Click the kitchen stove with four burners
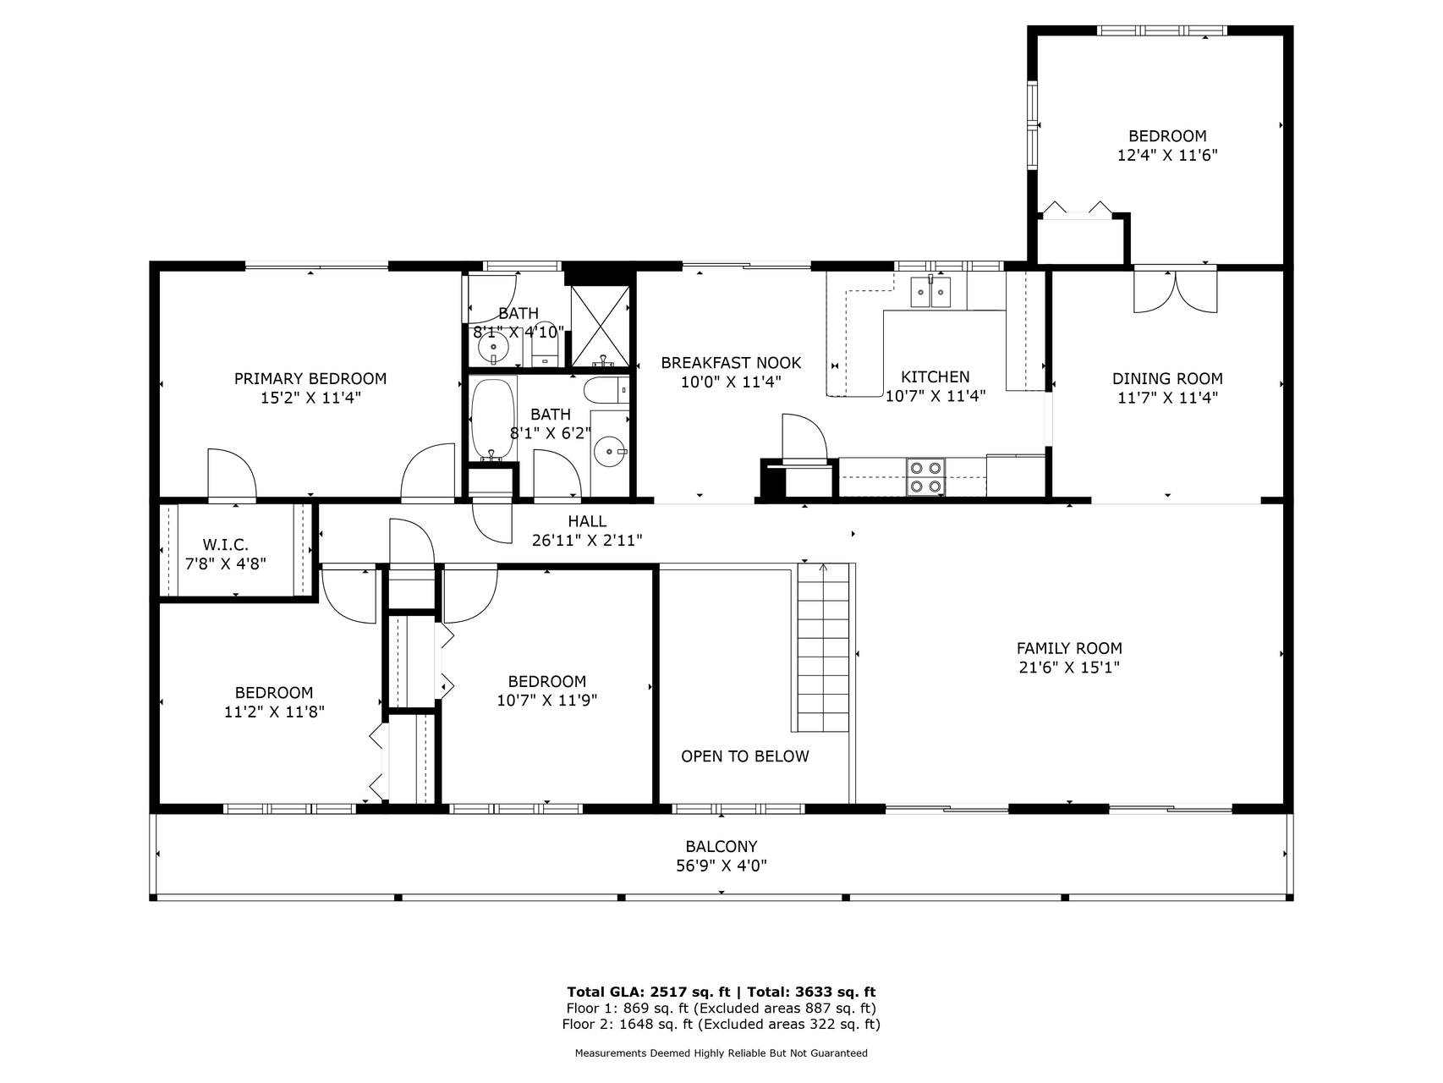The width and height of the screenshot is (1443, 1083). [926, 477]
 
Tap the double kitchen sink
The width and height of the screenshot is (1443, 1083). [930, 292]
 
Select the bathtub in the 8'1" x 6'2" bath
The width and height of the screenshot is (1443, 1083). [492, 419]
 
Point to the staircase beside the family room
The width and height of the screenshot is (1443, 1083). [823, 647]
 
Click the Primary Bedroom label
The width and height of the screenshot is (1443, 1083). [310, 378]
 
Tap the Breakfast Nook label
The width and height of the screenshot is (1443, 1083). [731, 363]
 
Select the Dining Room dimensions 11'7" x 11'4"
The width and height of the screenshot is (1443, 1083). [1167, 398]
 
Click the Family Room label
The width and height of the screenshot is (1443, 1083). [1069, 648]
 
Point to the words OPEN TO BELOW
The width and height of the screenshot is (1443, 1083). [745, 756]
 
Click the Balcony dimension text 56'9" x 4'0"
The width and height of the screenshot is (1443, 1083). [721, 866]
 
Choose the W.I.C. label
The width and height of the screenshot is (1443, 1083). [226, 545]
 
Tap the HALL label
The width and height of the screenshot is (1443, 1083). [587, 521]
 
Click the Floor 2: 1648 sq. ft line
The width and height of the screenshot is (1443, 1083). [721, 1024]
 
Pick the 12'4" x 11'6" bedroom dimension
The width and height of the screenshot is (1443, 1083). [1167, 155]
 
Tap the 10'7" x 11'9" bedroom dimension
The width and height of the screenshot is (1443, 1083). [547, 701]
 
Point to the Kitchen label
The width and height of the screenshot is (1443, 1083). [935, 377]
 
